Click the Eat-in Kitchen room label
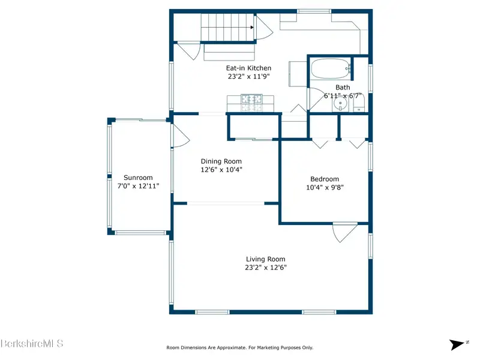point(248,68)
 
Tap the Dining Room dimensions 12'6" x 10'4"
point(221,170)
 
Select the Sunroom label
point(138,178)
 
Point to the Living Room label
point(265,259)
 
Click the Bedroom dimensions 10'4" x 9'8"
point(325,187)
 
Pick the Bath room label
point(343,88)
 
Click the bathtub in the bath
point(331,68)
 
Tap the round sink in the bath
point(340,103)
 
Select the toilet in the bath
point(359,103)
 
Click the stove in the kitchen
point(251,103)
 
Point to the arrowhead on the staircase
point(252,27)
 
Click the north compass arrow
point(457,344)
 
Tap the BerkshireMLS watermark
point(32,343)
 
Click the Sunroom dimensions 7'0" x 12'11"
point(139,186)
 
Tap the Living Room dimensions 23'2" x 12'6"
point(266,268)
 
